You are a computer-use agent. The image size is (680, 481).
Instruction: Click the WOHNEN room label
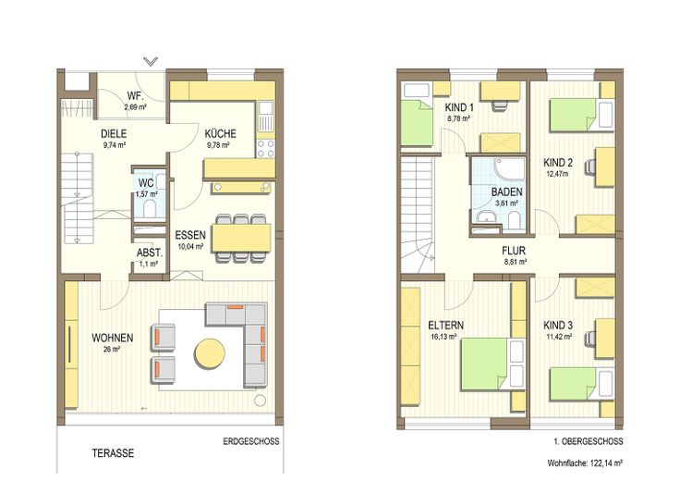pyautogui.click(x=113, y=338)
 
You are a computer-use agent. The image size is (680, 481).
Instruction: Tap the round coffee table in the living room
pyautogui.click(x=210, y=353)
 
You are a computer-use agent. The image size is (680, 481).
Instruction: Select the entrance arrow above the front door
pyautogui.click(x=151, y=61)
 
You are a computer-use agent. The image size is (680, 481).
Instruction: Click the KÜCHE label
pyautogui.click(x=220, y=134)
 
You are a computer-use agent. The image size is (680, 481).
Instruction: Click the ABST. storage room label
pyautogui.click(x=150, y=253)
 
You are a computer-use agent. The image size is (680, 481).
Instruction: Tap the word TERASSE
pyautogui.click(x=113, y=453)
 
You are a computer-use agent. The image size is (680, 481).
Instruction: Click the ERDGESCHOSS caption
pyautogui.click(x=251, y=441)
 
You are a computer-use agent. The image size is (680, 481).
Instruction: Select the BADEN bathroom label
pyautogui.click(x=507, y=191)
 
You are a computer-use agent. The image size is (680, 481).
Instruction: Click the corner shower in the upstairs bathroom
pyautogui.click(x=510, y=168)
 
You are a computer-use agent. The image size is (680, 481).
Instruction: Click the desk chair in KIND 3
pyautogui.click(x=589, y=338)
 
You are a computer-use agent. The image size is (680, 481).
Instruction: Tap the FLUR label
pyautogui.click(x=514, y=251)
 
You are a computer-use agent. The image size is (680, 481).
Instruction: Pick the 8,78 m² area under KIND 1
pyautogui.click(x=459, y=118)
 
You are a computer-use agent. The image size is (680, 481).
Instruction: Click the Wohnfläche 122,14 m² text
pyautogui.click(x=585, y=463)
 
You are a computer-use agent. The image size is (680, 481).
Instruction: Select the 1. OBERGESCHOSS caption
pyautogui.click(x=588, y=441)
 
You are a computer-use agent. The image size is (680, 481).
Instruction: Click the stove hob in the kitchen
pyautogui.click(x=265, y=148)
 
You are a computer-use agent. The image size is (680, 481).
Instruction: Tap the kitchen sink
pyautogui.click(x=265, y=116)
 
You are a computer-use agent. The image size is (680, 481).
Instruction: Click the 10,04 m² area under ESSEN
pyautogui.click(x=190, y=246)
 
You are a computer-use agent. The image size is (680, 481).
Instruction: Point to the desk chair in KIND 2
pyautogui.click(x=589, y=166)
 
